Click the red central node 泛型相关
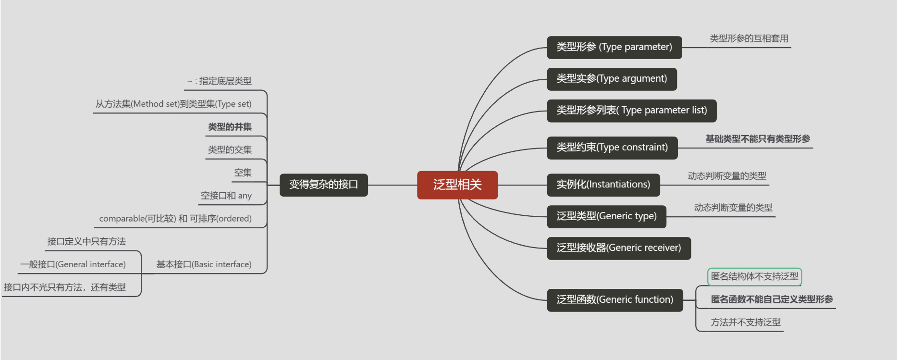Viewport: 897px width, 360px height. pyautogui.click(x=457, y=185)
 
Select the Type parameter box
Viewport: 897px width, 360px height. pyautogui.click(x=614, y=47)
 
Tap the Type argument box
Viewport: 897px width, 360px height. pyautogui.click(x=612, y=79)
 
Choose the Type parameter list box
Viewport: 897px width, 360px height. pyautogui.click(x=631, y=111)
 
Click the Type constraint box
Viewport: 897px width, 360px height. pyautogui.click(x=612, y=148)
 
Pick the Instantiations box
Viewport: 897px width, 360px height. pyautogui.click(x=603, y=185)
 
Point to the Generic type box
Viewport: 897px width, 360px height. pyautogui.click(x=606, y=216)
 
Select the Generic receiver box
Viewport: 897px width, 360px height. pyautogui.click(x=618, y=248)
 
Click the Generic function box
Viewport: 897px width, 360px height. pyautogui.click(x=614, y=300)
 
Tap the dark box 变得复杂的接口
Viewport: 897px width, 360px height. pyautogui.click(x=323, y=185)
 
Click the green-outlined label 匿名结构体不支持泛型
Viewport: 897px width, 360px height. pyautogui.click(x=754, y=276)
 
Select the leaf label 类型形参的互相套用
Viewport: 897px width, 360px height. pyautogui.click(x=749, y=38)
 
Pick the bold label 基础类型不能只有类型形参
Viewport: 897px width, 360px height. pyautogui.click(x=758, y=139)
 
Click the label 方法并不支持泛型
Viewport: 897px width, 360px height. pyautogui.click(x=746, y=323)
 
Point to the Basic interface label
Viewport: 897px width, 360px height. pyautogui.click(x=204, y=264)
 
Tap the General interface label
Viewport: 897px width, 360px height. pyautogui.click(x=73, y=264)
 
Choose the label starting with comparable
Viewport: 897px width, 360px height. pyautogui.click(x=175, y=219)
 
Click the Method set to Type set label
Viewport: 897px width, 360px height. pyautogui.click(x=173, y=104)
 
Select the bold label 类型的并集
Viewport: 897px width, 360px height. pyautogui.click(x=230, y=127)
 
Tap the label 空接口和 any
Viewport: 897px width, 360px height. pyautogui.click(x=226, y=196)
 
